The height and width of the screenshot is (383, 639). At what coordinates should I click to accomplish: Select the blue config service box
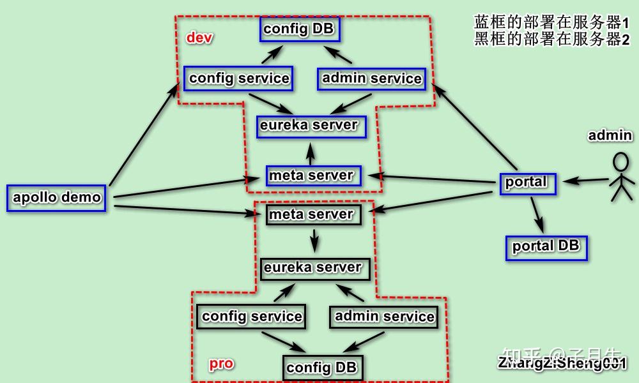[x=238, y=79]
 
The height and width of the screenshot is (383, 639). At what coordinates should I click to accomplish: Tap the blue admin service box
[x=371, y=79]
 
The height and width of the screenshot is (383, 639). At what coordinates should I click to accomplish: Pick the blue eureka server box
[x=311, y=125]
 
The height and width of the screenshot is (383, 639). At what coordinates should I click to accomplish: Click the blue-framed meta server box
[x=312, y=176]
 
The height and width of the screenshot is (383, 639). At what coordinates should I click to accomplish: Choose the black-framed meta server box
[x=313, y=214]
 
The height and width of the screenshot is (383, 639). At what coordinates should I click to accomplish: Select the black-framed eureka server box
[x=313, y=267]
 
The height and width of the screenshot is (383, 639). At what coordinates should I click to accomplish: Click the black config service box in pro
[x=251, y=317]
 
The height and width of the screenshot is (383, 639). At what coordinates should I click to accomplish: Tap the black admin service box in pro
[x=384, y=317]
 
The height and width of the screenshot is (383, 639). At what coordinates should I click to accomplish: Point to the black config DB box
[x=323, y=368]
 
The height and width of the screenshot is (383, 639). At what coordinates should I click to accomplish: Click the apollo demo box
[x=56, y=198]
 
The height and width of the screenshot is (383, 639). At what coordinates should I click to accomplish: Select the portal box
[x=527, y=183]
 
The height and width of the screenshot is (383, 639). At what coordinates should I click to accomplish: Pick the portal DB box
[x=546, y=247]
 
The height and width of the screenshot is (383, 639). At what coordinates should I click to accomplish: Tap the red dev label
[x=199, y=38]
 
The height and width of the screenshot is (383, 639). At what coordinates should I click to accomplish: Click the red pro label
[x=221, y=364]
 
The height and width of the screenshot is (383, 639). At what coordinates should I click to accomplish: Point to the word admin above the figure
[x=610, y=135]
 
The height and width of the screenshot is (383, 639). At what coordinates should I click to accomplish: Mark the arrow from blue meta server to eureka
[x=311, y=153]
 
